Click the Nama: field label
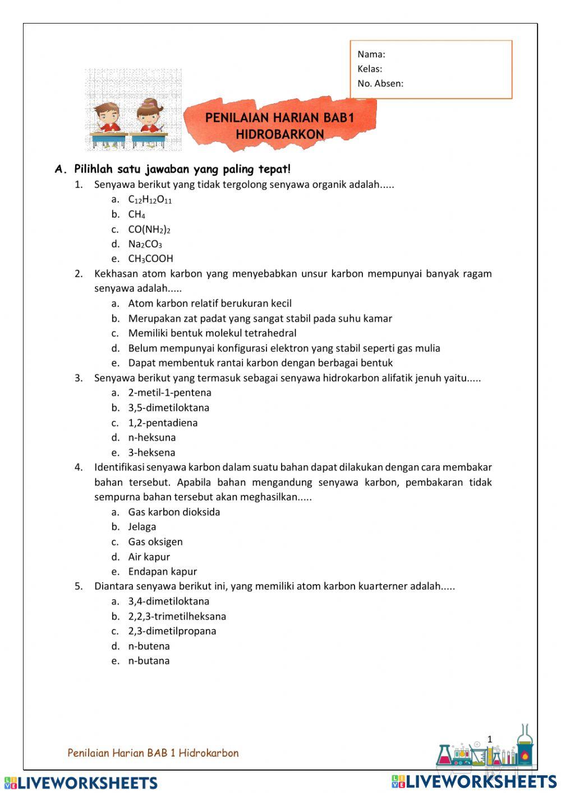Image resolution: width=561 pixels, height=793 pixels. (x=371, y=54)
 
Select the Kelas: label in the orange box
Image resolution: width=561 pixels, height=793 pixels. (x=370, y=69)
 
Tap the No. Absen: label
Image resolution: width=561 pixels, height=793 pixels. (x=380, y=84)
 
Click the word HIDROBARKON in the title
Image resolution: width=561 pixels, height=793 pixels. (x=279, y=135)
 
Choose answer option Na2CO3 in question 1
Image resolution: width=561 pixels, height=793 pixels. (x=145, y=244)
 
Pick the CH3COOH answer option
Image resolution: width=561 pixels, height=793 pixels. (x=150, y=259)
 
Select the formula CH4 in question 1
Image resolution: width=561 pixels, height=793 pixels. (x=136, y=214)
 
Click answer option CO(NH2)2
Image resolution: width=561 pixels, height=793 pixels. (x=149, y=229)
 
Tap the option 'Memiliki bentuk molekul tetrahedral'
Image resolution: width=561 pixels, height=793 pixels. (x=212, y=333)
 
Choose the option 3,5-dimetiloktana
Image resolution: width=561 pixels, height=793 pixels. (x=168, y=407)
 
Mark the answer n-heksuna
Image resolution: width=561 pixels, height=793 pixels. (x=151, y=437)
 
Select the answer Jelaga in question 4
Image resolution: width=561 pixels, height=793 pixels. (x=142, y=526)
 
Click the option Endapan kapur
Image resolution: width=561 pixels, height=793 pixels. (x=162, y=571)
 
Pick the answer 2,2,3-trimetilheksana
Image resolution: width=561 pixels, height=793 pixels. (x=177, y=616)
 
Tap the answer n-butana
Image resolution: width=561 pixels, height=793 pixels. (x=149, y=661)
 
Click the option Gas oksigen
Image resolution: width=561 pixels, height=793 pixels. (x=155, y=542)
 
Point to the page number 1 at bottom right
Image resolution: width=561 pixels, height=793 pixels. (x=489, y=739)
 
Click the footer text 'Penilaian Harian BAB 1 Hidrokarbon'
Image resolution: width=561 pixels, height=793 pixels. (x=153, y=753)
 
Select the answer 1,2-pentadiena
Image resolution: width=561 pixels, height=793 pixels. (x=163, y=423)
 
